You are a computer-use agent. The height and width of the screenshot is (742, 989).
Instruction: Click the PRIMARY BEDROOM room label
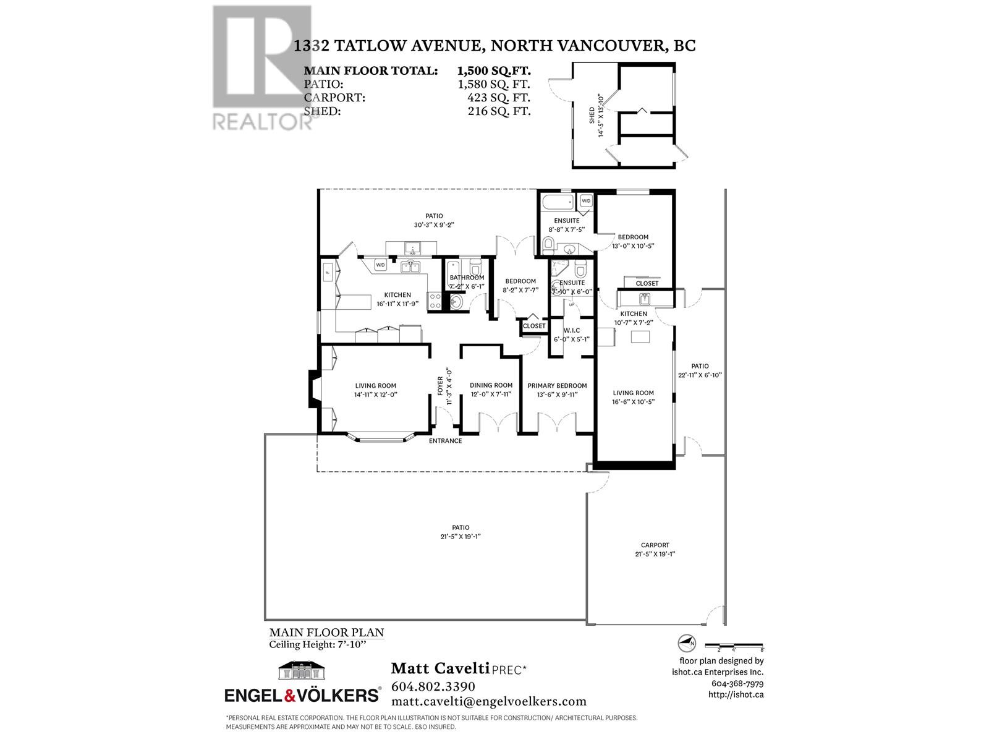coord(557,386)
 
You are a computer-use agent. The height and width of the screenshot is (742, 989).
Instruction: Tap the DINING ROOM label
coord(491,386)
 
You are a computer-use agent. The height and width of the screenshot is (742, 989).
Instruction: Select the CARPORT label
coord(655,545)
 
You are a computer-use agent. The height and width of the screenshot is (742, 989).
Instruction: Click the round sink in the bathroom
coord(456,302)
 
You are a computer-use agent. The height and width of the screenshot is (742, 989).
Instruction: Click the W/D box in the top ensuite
coord(585,201)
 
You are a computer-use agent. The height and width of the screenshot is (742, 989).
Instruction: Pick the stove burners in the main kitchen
coord(435,301)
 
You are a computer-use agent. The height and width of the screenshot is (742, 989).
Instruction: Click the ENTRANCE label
coord(446,441)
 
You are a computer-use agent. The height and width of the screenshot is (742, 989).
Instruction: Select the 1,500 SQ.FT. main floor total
coord(493,70)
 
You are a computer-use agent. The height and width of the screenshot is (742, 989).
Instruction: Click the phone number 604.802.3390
coord(433,686)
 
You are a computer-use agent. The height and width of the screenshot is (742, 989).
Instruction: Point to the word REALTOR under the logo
coord(263,121)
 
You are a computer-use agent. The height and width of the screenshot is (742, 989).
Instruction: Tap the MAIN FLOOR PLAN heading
coord(326,633)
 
